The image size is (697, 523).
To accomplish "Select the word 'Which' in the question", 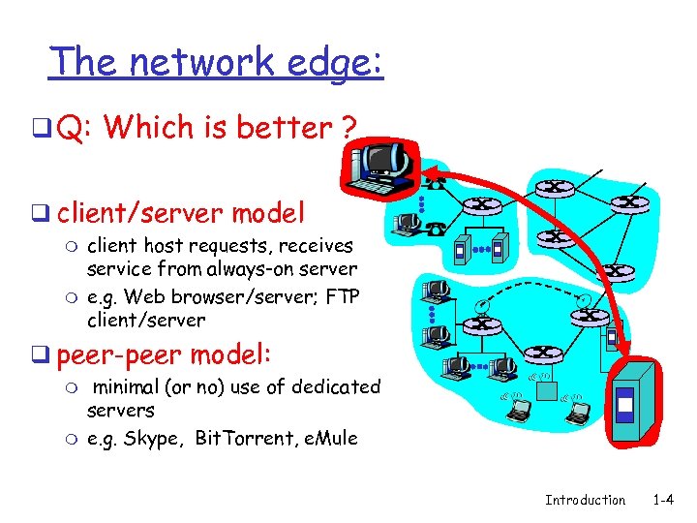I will pos(144,127).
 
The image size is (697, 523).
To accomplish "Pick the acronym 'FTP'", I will pos(344,294).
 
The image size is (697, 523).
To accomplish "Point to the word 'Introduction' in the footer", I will pos(585,500).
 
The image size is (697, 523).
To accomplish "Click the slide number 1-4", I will pos(663,500).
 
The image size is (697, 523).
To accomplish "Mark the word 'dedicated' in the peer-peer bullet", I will pos(335,386).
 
